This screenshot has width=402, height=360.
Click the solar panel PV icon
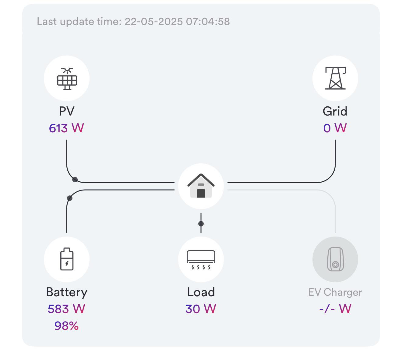pos(67,79)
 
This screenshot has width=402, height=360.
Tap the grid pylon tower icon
pos(335,78)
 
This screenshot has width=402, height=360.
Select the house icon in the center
pos(201,186)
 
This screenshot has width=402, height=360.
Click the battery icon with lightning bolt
pos(67,259)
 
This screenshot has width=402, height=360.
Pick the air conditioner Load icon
pos(201,260)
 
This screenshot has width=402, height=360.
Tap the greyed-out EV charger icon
pos(335,259)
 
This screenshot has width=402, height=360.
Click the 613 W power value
pos(66,128)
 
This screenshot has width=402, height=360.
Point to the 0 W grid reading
pos(335,128)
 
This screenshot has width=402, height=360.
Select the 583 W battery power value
pos(66,309)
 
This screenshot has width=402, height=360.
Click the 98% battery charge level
pos(66,326)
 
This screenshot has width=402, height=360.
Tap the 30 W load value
pos(201,309)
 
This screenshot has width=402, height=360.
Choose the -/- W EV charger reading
pos(335,309)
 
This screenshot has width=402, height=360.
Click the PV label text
pos(67,111)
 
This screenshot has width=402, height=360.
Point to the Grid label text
pos(335,111)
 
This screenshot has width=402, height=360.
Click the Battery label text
pos(67,292)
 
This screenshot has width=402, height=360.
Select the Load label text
pos(201,292)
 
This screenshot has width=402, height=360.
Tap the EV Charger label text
pos(335,292)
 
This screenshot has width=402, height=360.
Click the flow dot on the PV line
pos(75,180)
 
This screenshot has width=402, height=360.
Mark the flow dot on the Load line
pos(201,224)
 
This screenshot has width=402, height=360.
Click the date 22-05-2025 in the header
pos(153,21)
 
